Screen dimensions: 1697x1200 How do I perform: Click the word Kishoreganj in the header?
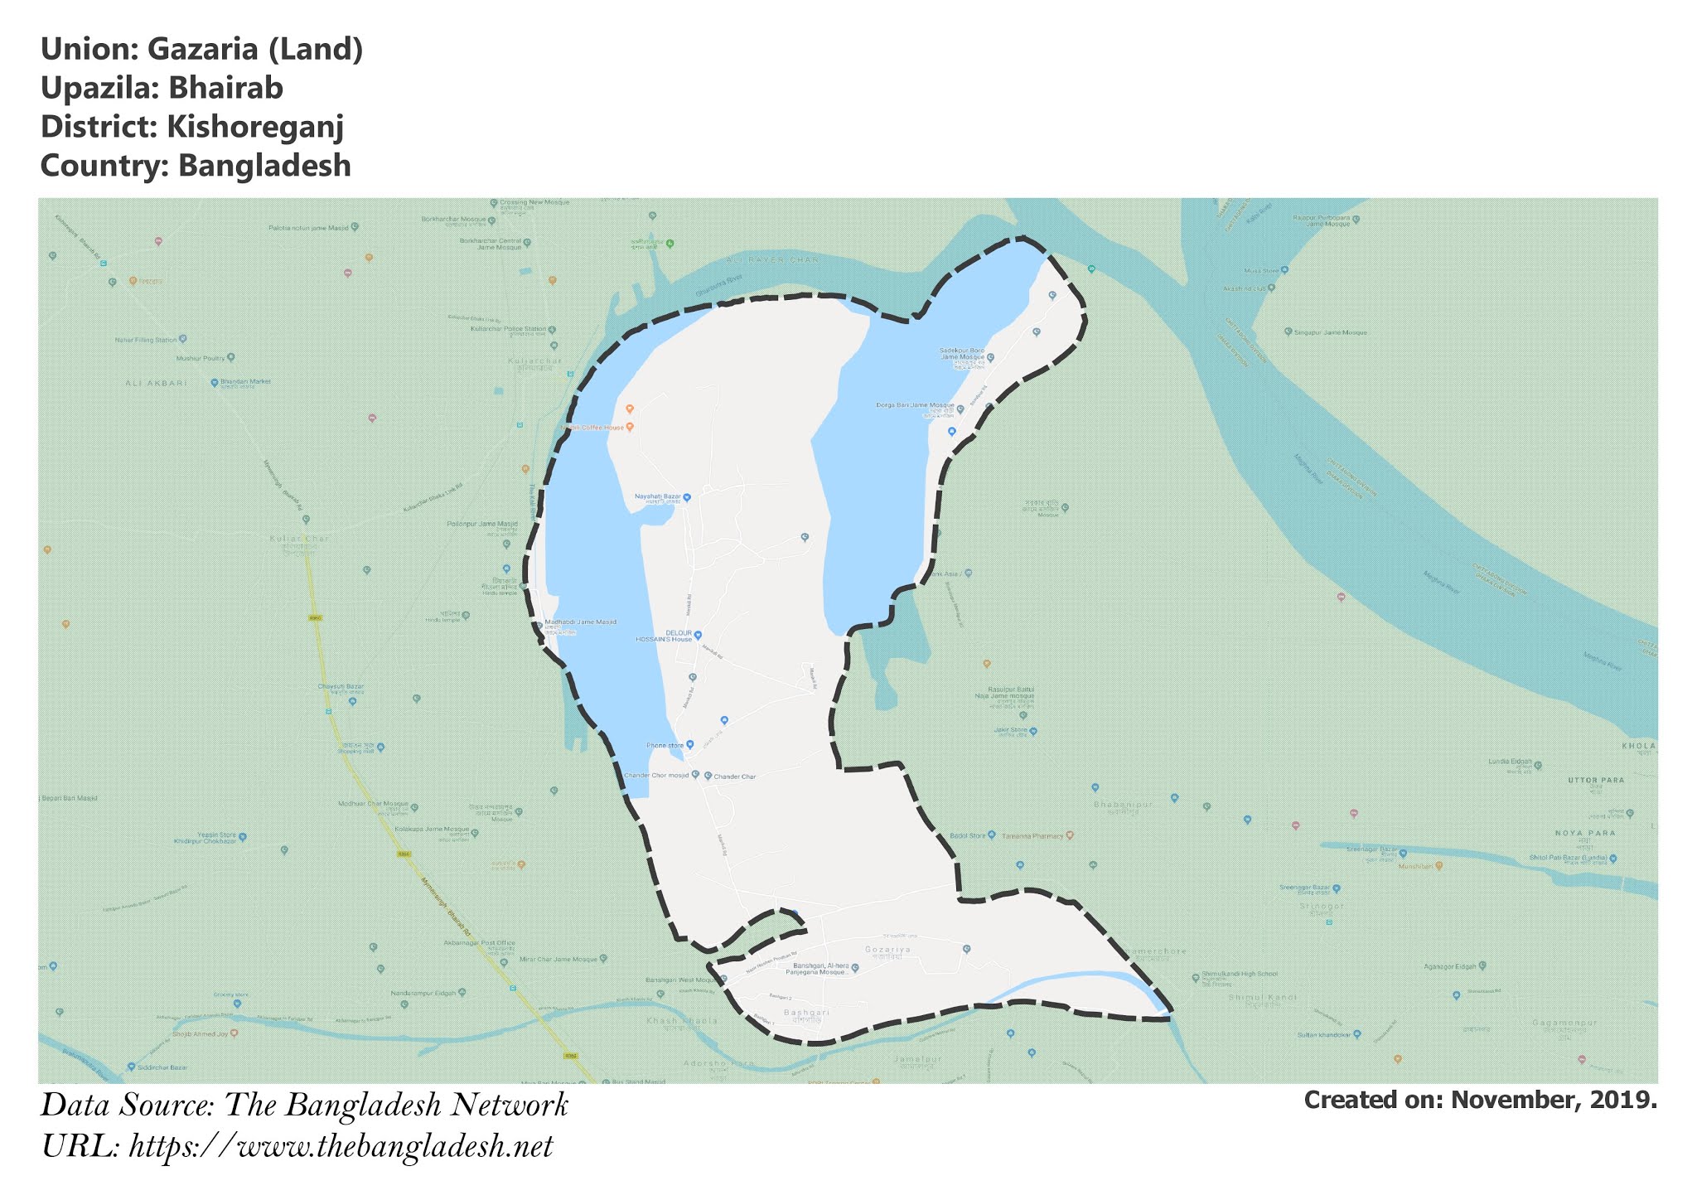click(255, 127)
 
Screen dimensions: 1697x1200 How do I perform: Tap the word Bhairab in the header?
click(225, 88)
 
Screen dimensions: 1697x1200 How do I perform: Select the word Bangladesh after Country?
click(264, 166)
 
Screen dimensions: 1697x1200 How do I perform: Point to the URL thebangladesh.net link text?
click(341, 1147)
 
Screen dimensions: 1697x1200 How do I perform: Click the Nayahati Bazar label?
click(657, 496)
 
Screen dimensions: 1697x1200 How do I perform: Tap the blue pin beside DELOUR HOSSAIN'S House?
click(698, 636)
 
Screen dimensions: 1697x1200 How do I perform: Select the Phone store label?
click(665, 746)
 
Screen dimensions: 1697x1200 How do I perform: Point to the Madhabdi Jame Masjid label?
click(580, 622)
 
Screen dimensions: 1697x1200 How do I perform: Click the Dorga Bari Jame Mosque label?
click(915, 406)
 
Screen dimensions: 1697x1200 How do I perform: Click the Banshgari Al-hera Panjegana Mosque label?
click(821, 969)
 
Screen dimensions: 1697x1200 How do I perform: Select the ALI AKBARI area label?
click(156, 384)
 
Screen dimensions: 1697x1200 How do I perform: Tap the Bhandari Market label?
click(245, 382)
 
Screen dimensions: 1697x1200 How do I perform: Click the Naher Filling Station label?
click(146, 340)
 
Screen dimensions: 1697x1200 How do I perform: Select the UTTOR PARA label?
click(1596, 781)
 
